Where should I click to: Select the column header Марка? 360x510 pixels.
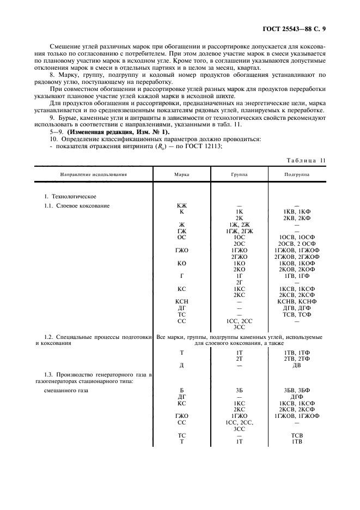182,175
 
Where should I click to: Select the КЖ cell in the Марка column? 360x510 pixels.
182,205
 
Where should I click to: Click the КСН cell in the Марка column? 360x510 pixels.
182,301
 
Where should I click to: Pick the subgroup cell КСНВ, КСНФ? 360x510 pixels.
296,301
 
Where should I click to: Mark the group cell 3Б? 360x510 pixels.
239,391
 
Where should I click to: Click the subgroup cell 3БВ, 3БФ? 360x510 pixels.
296,391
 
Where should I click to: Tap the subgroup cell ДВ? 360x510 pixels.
296,366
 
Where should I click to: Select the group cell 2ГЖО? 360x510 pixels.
239,257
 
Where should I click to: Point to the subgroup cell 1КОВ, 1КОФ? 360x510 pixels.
296,263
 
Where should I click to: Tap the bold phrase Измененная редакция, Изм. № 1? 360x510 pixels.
119,132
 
